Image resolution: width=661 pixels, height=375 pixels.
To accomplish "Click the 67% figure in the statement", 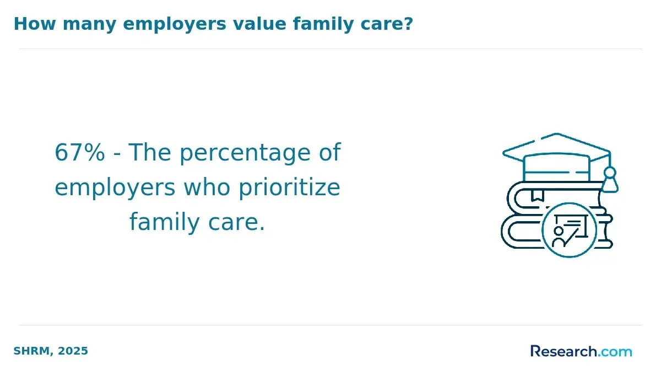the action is (x=80, y=152).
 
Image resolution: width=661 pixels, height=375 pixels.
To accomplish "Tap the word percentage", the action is (x=245, y=154).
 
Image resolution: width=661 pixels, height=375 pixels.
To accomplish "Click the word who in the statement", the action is (x=207, y=187).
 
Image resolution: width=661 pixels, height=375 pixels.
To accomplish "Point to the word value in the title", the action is (x=259, y=24).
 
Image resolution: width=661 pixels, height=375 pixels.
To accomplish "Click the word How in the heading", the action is (x=35, y=24).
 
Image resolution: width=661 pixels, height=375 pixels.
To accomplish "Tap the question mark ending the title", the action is (x=408, y=24).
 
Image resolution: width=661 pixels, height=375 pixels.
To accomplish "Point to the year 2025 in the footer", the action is (x=73, y=351).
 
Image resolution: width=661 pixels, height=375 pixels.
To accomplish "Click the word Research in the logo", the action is (x=564, y=351).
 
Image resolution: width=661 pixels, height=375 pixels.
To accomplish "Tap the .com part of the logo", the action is (x=615, y=352).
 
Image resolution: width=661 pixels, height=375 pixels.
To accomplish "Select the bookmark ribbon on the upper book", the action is (x=538, y=196).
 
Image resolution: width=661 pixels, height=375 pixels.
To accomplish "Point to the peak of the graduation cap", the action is (x=556, y=134).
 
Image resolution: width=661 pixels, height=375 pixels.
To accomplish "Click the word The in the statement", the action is (x=150, y=152).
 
